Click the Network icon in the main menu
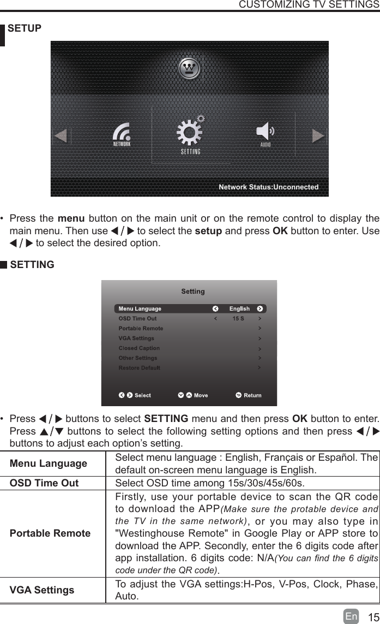click(122, 134)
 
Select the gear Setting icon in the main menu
click(190, 134)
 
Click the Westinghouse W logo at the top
click(190, 68)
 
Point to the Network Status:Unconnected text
click(268, 187)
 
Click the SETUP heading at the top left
click(25, 28)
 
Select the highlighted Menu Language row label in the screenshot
click(140, 309)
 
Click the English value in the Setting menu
click(239, 309)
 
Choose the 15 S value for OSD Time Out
click(238, 318)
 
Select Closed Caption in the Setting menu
click(139, 348)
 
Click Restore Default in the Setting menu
click(139, 368)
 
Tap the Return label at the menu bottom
click(252, 395)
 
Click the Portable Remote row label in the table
click(51, 533)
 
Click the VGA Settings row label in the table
click(42, 590)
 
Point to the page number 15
click(373, 617)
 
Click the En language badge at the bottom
click(352, 616)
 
